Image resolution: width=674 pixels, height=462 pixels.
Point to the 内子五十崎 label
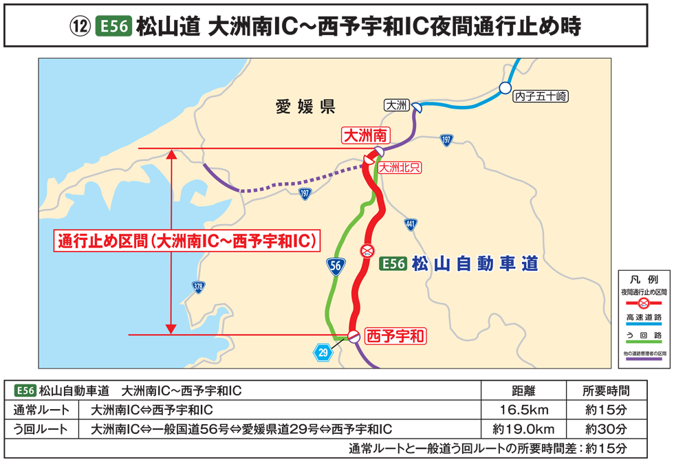541,98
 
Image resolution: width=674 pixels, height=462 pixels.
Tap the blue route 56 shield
335,266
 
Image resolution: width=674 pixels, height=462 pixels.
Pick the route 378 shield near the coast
198,287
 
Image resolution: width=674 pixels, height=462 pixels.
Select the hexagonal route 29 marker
323,353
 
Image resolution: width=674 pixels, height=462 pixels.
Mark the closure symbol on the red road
368,251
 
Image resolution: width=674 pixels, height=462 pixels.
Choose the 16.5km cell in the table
523,410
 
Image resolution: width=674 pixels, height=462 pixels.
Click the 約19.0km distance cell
523,430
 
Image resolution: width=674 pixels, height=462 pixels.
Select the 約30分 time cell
605,430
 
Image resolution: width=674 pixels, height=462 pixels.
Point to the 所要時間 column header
605,391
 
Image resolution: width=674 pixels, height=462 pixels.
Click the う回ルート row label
41,430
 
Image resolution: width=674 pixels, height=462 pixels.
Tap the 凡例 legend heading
644,280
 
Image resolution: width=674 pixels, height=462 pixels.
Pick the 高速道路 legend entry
644,318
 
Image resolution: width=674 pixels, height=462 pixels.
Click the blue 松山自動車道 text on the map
475,264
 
